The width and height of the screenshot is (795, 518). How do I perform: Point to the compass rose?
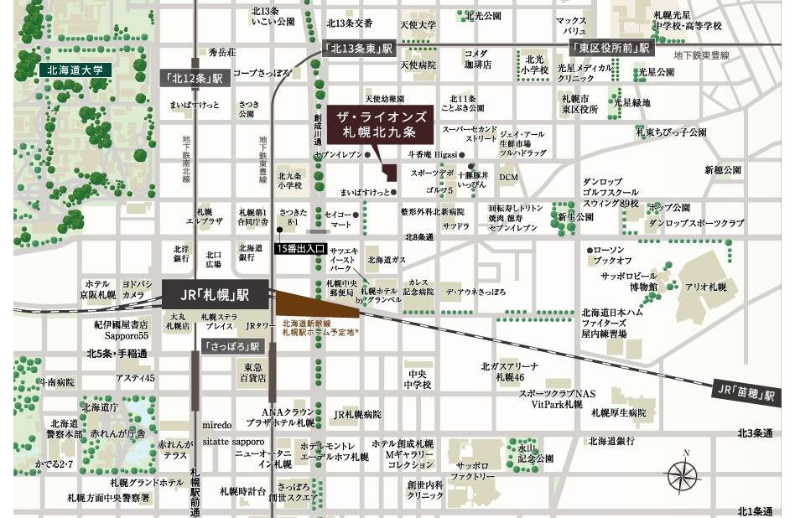pos(685,474)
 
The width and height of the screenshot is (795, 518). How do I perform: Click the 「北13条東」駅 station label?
pos(357,49)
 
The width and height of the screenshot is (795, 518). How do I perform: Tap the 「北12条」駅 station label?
pos(192,78)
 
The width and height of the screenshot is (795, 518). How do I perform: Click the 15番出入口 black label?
pos(304,249)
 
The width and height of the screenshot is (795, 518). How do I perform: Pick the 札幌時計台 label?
pos(243,490)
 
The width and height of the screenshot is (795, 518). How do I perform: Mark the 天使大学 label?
pos(418,25)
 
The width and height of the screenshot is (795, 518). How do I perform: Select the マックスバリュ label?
pos(570,25)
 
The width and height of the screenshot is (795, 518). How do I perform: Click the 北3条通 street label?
pos(755,433)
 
